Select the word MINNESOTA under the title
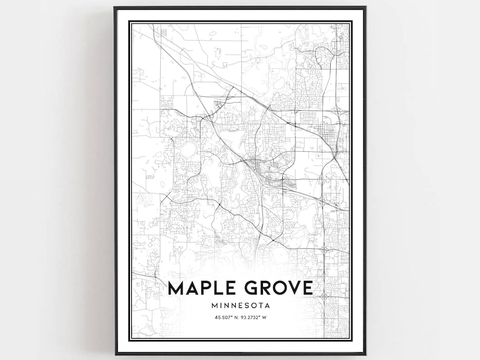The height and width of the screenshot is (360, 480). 240,305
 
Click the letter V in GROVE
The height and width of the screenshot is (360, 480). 294,287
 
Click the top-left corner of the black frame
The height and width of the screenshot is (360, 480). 115,8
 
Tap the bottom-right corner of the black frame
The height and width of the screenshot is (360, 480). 365,353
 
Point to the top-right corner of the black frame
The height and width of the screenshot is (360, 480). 365,8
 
